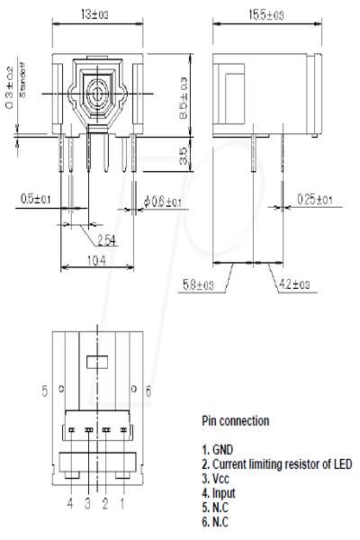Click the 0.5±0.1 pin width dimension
(x=36, y=199)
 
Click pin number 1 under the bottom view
(x=121, y=504)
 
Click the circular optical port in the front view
(x=98, y=94)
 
